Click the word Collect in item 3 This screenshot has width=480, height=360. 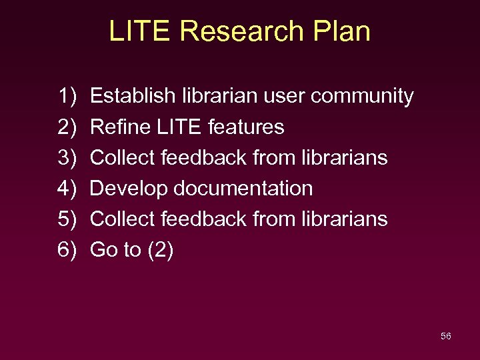[x=120, y=157]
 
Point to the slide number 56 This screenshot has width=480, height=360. [x=446, y=336]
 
